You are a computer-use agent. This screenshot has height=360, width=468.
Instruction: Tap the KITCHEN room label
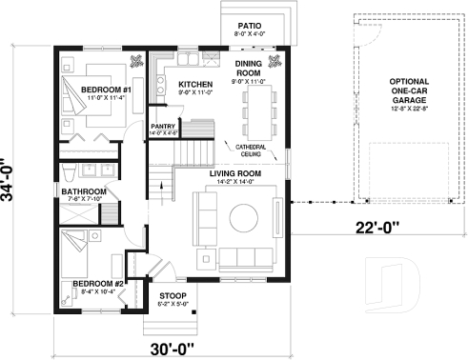(195, 85)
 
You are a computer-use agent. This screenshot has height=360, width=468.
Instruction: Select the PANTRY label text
(161, 126)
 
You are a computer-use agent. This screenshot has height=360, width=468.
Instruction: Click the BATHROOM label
(82, 191)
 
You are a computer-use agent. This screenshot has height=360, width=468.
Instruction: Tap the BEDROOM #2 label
(97, 284)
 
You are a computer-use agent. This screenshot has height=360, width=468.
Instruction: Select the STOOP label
(173, 295)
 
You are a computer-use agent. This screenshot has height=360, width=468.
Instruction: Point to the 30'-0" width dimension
(172, 348)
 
